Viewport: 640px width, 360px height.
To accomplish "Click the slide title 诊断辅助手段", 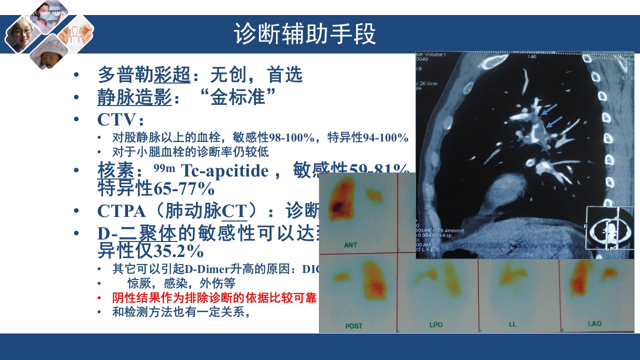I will point(304,34).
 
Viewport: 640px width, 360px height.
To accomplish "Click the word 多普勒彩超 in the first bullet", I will point(144,75).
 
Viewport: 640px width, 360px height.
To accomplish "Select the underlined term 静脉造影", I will point(134,97).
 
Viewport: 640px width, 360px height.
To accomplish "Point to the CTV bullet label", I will point(116,120).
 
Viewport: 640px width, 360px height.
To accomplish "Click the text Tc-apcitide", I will point(225,171).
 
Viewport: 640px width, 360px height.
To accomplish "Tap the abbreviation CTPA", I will point(121,211).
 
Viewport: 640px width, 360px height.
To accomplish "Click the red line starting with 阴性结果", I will point(214,298).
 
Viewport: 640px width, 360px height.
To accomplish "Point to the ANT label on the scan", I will point(351,245).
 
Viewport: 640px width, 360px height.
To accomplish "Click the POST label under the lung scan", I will point(353,326).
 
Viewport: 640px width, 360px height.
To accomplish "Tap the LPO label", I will point(436,325).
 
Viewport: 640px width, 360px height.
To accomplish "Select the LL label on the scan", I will point(512,324).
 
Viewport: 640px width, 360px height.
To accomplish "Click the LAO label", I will point(594,324).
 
